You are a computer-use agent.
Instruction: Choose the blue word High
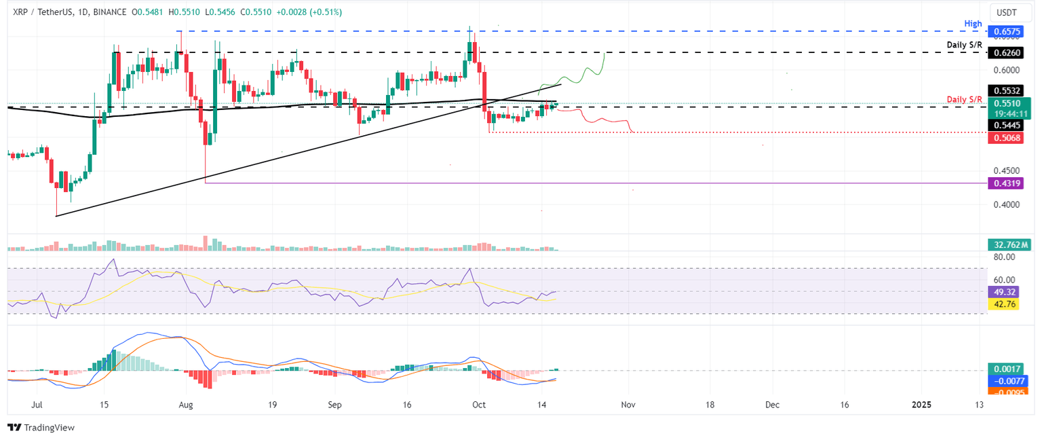pos(973,24)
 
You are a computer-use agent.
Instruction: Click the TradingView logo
pos(41,428)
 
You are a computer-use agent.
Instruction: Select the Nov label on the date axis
pos(628,405)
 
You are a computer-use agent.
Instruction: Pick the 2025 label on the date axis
pos(921,405)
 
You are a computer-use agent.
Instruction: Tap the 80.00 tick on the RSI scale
pos(1005,257)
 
